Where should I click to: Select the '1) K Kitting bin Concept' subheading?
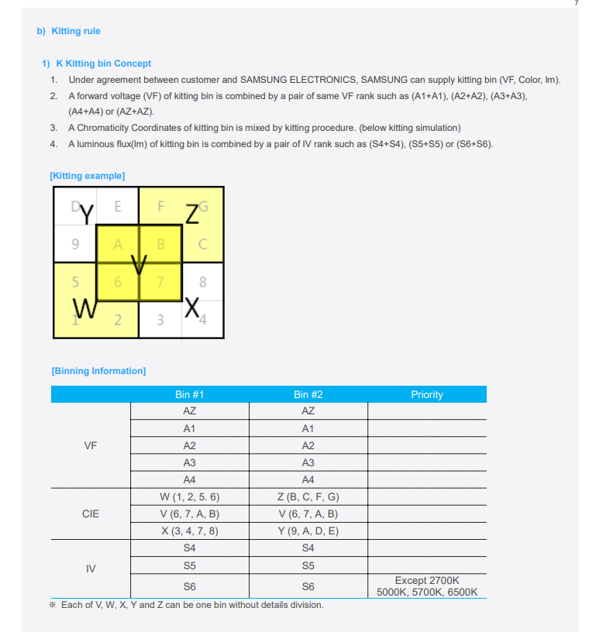point(96,64)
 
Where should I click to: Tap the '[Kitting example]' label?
point(87,176)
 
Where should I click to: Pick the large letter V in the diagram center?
point(140,266)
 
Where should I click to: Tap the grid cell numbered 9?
point(74,245)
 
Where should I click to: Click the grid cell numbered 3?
point(160,320)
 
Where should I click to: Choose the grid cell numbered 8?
point(202,282)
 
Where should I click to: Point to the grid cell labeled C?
point(202,245)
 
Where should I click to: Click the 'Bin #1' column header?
point(189,394)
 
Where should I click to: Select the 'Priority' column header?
point(427,394)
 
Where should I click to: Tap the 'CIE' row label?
point(90,513)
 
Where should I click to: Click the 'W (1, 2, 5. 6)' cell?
point(189,496)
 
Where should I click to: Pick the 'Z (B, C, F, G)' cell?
point(308,496)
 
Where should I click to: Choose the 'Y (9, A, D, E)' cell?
point(308,531)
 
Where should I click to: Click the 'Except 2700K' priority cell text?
point(427,580)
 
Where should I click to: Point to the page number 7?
point(576,3)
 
